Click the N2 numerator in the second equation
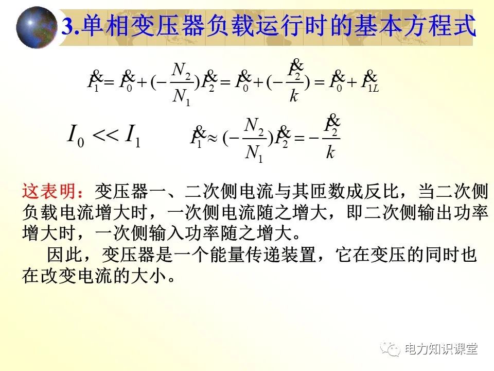tap(254, 125)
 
